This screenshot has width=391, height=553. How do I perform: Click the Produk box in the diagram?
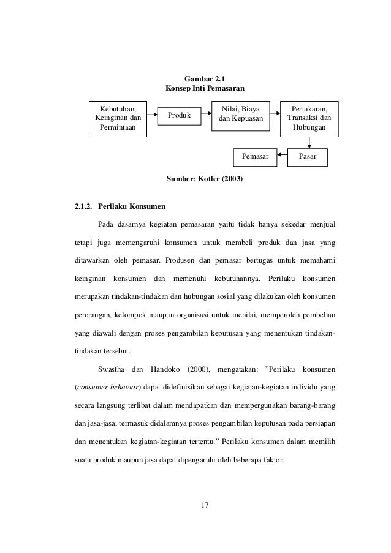click(180, 115)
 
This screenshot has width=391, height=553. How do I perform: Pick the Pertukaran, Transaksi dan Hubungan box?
click(309, 118)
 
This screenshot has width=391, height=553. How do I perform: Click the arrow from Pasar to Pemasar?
click(283, 157)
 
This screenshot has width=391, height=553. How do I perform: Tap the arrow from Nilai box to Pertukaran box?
click(275, 115)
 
